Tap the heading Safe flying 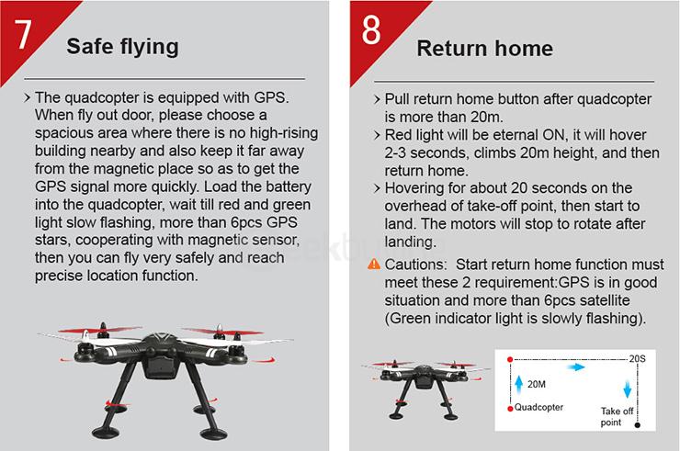click(123, 47)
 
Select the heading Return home click(484, 47)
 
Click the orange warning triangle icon click(373, 265)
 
